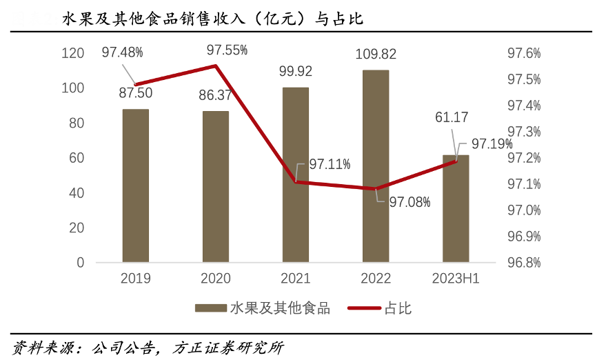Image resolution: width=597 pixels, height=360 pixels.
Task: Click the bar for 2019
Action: pyautogui.click(x=136, y=186)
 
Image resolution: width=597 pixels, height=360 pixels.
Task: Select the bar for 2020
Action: pyautogui.click(x=216, y=187)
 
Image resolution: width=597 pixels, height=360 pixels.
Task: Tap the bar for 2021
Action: pyautogui.click(x=296, y=175)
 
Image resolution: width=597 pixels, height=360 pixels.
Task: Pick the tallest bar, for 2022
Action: pyautogui.click(x=376, y=166)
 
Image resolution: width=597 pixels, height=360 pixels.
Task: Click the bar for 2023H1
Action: pyautogui.click(x=456, y=209)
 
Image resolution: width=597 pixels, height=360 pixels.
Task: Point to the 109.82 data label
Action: pyautogui.click(x=376, y=54)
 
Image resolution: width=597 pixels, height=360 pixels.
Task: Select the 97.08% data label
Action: pyautogui.click(x=409, y=202)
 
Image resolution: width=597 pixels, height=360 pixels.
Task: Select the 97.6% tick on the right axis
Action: pyautogui.click(x=524, y=53)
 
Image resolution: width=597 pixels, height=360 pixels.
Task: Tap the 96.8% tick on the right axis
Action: pyautogui.click(x=524, y=263)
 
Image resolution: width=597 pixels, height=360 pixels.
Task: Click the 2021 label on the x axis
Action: pyautogui.click(x=296, y=279)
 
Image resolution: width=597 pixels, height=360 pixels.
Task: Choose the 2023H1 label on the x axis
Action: pyautogui.click(x=456, y=279)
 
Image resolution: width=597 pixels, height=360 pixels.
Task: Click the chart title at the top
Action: pyautogui.click(x=213, y=19)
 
